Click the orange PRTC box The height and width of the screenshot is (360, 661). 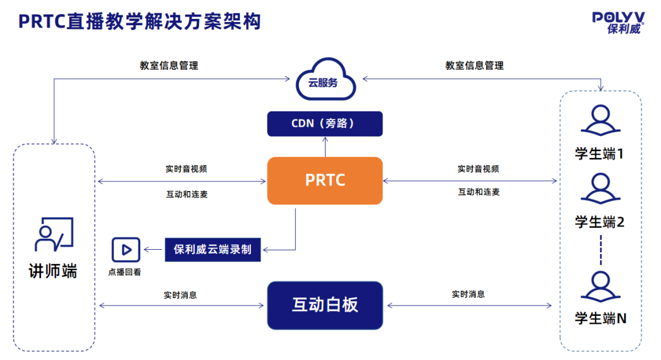(x=325, y=181)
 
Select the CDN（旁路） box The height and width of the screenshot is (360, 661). (x=325, y=124)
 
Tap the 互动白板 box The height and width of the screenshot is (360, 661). (x=325, y=304)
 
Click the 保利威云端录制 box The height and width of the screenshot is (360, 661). (x=212, y=250)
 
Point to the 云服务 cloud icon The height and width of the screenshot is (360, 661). (x=325, y=80)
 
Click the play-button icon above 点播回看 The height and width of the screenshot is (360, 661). (x=126, y=250)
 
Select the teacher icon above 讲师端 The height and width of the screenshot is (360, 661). (x=54, y=234)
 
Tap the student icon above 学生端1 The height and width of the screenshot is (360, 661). (x=600, y=121)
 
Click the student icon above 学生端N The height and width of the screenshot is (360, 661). (x=600, y=287)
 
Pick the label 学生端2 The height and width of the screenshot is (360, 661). (x=600, y=222)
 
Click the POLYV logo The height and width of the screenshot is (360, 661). (x=618, y=23)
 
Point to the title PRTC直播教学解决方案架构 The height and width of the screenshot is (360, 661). (x=140, y=21)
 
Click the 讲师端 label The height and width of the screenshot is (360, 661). (x=54, y=271)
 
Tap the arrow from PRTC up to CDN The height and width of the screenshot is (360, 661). (x=325, y=146)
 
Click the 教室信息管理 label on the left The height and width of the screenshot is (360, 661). (x=169, y=66)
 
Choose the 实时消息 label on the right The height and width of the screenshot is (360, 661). (x=468, y=294)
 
